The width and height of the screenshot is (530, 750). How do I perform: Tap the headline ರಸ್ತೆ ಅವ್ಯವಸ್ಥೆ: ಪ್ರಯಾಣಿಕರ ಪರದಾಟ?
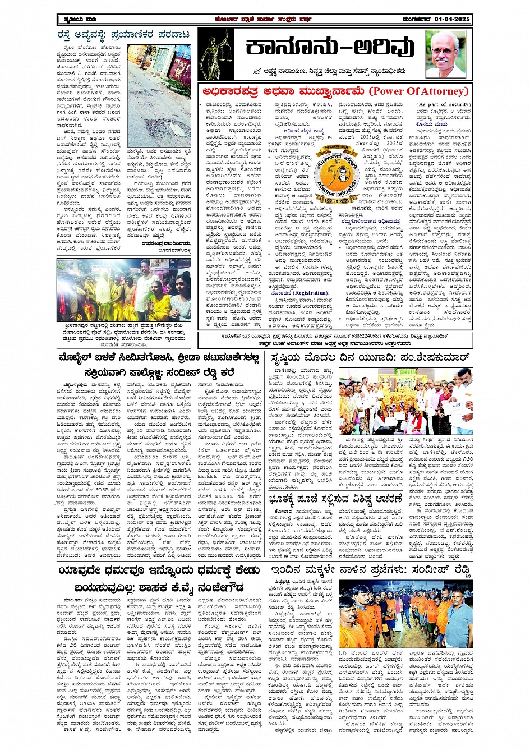click(x=123, y=35)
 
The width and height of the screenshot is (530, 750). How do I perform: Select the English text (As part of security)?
click(x=444, y=104)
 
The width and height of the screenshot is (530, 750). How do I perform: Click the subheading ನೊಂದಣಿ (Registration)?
click(x=299, y=292)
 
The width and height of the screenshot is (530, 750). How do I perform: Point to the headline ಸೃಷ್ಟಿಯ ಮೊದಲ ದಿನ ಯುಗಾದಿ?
click(x=368, y=358)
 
